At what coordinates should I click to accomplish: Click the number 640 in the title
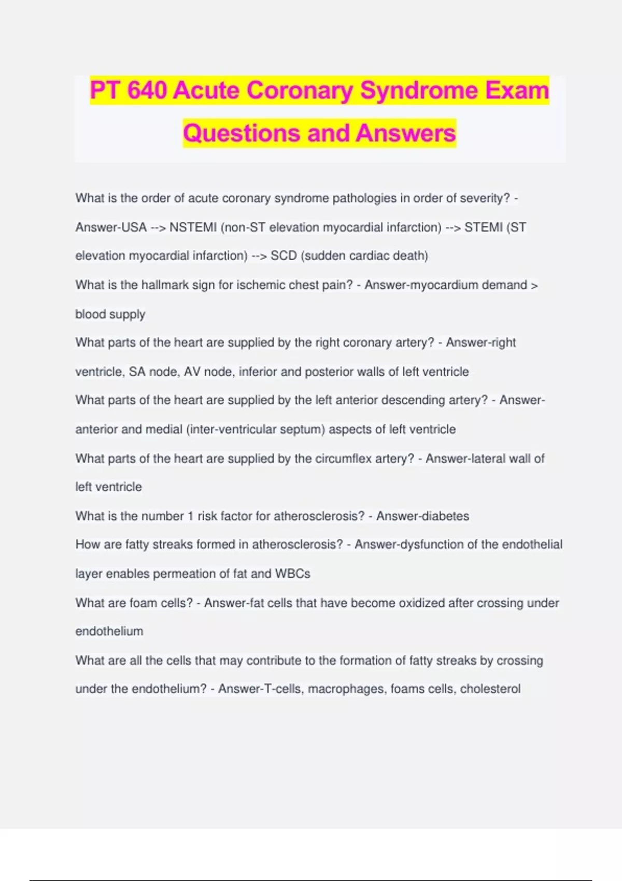coord(147,90)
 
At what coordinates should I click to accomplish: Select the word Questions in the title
coord(242,133)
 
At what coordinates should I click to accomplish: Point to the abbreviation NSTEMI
coord(193,228)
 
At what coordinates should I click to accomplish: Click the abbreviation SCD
coord(284,256)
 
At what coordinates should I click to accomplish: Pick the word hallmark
coord(165,285)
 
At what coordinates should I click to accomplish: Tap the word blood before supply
coord(90,314)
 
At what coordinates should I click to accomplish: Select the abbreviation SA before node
coord(137,372)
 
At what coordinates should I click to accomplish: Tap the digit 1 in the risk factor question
coord(190,516)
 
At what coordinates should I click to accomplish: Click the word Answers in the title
coord(406,133)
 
